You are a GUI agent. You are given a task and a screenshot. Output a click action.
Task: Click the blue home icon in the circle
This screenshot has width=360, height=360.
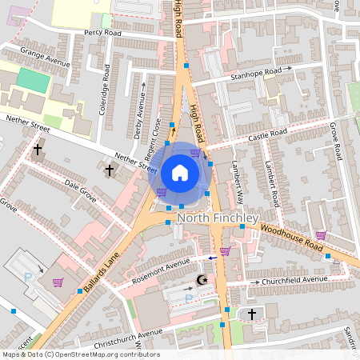click(x=179, y=172)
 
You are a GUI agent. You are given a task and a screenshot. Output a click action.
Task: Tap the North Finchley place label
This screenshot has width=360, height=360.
click(x=217, y=218)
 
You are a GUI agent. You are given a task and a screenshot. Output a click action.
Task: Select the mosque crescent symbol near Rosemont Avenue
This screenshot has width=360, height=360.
click(x=202, y=279)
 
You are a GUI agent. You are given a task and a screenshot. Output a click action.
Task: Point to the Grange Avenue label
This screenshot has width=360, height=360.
click(x=46, y=57)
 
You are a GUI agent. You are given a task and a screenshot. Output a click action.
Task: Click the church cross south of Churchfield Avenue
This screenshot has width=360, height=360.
click(x=252, y=314)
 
